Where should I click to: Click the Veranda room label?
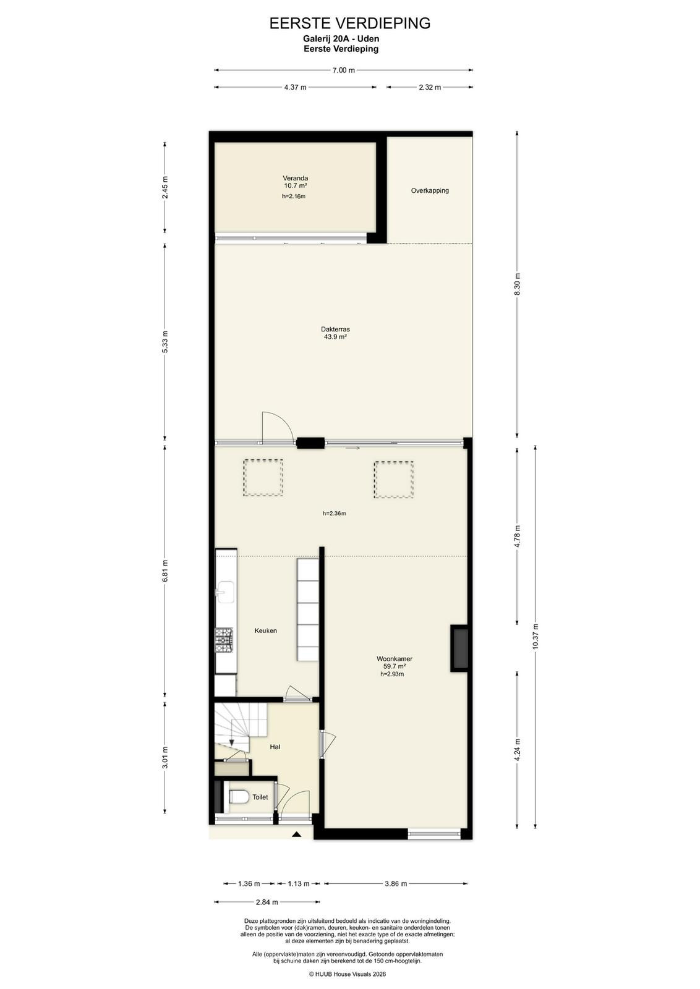[296, 179]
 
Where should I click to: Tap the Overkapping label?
[430, 191]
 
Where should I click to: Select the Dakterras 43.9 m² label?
[335, 333]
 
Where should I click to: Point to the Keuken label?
[265, 630]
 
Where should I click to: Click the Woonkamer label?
[395, 659]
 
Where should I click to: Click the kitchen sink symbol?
[225, 592]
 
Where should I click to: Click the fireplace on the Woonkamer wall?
[459, 648]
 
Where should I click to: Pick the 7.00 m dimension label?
[344, 70]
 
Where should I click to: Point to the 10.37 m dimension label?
[536, 636]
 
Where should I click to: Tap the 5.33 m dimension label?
[164, 342]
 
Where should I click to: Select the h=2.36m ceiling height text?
[335, 514]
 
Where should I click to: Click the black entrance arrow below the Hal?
[296, 834]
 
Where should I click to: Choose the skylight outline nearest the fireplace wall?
[393, 480]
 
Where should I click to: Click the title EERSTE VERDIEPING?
[350, 23]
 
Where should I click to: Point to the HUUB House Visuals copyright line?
[347, 974]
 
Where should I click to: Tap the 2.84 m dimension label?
[267, 902]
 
